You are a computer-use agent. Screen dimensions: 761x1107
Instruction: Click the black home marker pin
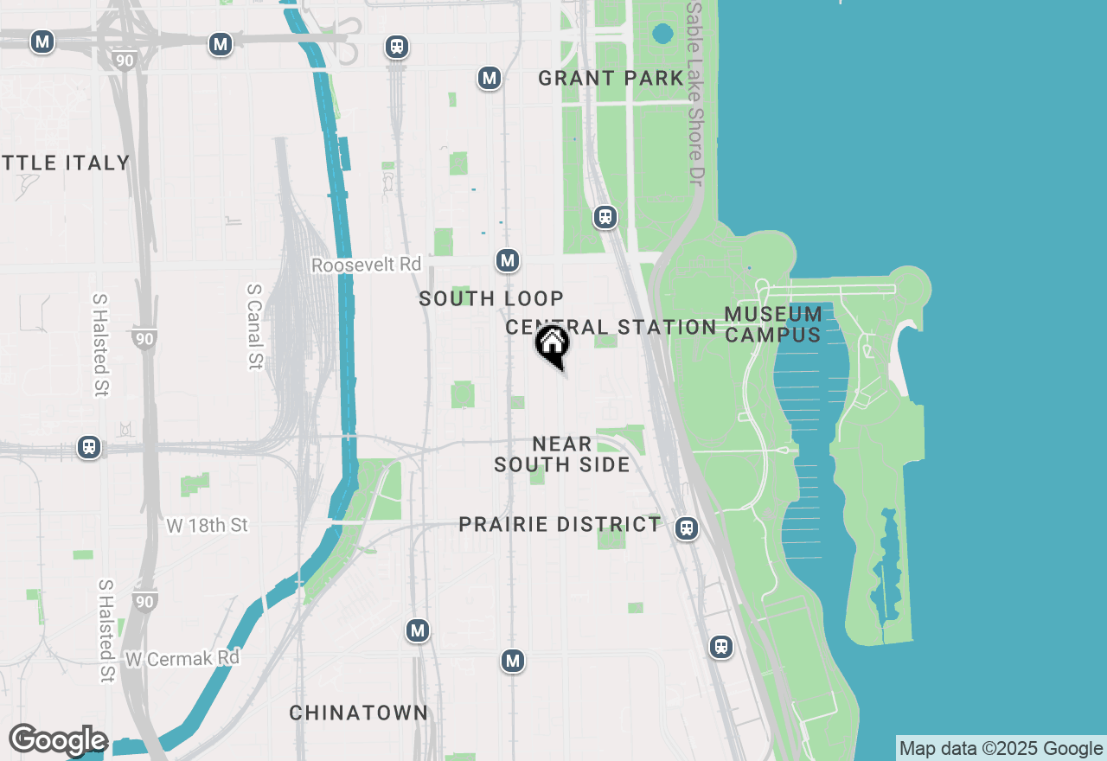[552, 344]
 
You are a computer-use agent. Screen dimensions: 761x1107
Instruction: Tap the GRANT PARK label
[611, 79]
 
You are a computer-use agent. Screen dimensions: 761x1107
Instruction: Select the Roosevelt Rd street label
[366, 265]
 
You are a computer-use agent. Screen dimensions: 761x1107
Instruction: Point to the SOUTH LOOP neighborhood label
[491, 299]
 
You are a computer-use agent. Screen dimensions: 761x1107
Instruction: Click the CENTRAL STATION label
[611, 327]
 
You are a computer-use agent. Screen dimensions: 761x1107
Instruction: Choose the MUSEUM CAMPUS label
[773, 324]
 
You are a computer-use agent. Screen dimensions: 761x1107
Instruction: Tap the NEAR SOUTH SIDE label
[562, 454]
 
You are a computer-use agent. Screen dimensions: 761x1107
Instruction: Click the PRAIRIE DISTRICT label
[560, 525]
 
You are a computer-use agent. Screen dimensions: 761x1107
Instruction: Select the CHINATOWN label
[358, 713]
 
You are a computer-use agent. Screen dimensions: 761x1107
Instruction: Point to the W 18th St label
[207, 525]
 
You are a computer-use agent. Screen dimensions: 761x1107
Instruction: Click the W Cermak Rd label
[182, 658]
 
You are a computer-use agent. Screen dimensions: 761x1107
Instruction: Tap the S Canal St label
[254, 327]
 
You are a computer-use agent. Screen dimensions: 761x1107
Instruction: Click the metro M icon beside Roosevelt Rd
[508, 260]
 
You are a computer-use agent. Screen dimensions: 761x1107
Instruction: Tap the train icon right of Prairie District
[687, 528]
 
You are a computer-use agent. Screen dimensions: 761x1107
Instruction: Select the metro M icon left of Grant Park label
[490, 79]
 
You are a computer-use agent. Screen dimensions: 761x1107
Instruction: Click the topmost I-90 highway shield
[124, 60]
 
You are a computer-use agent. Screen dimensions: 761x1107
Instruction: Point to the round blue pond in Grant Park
[662, 34]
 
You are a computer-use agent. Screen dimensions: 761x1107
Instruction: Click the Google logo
[58, 741]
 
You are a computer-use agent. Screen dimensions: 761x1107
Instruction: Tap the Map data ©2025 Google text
[1001, 749]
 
